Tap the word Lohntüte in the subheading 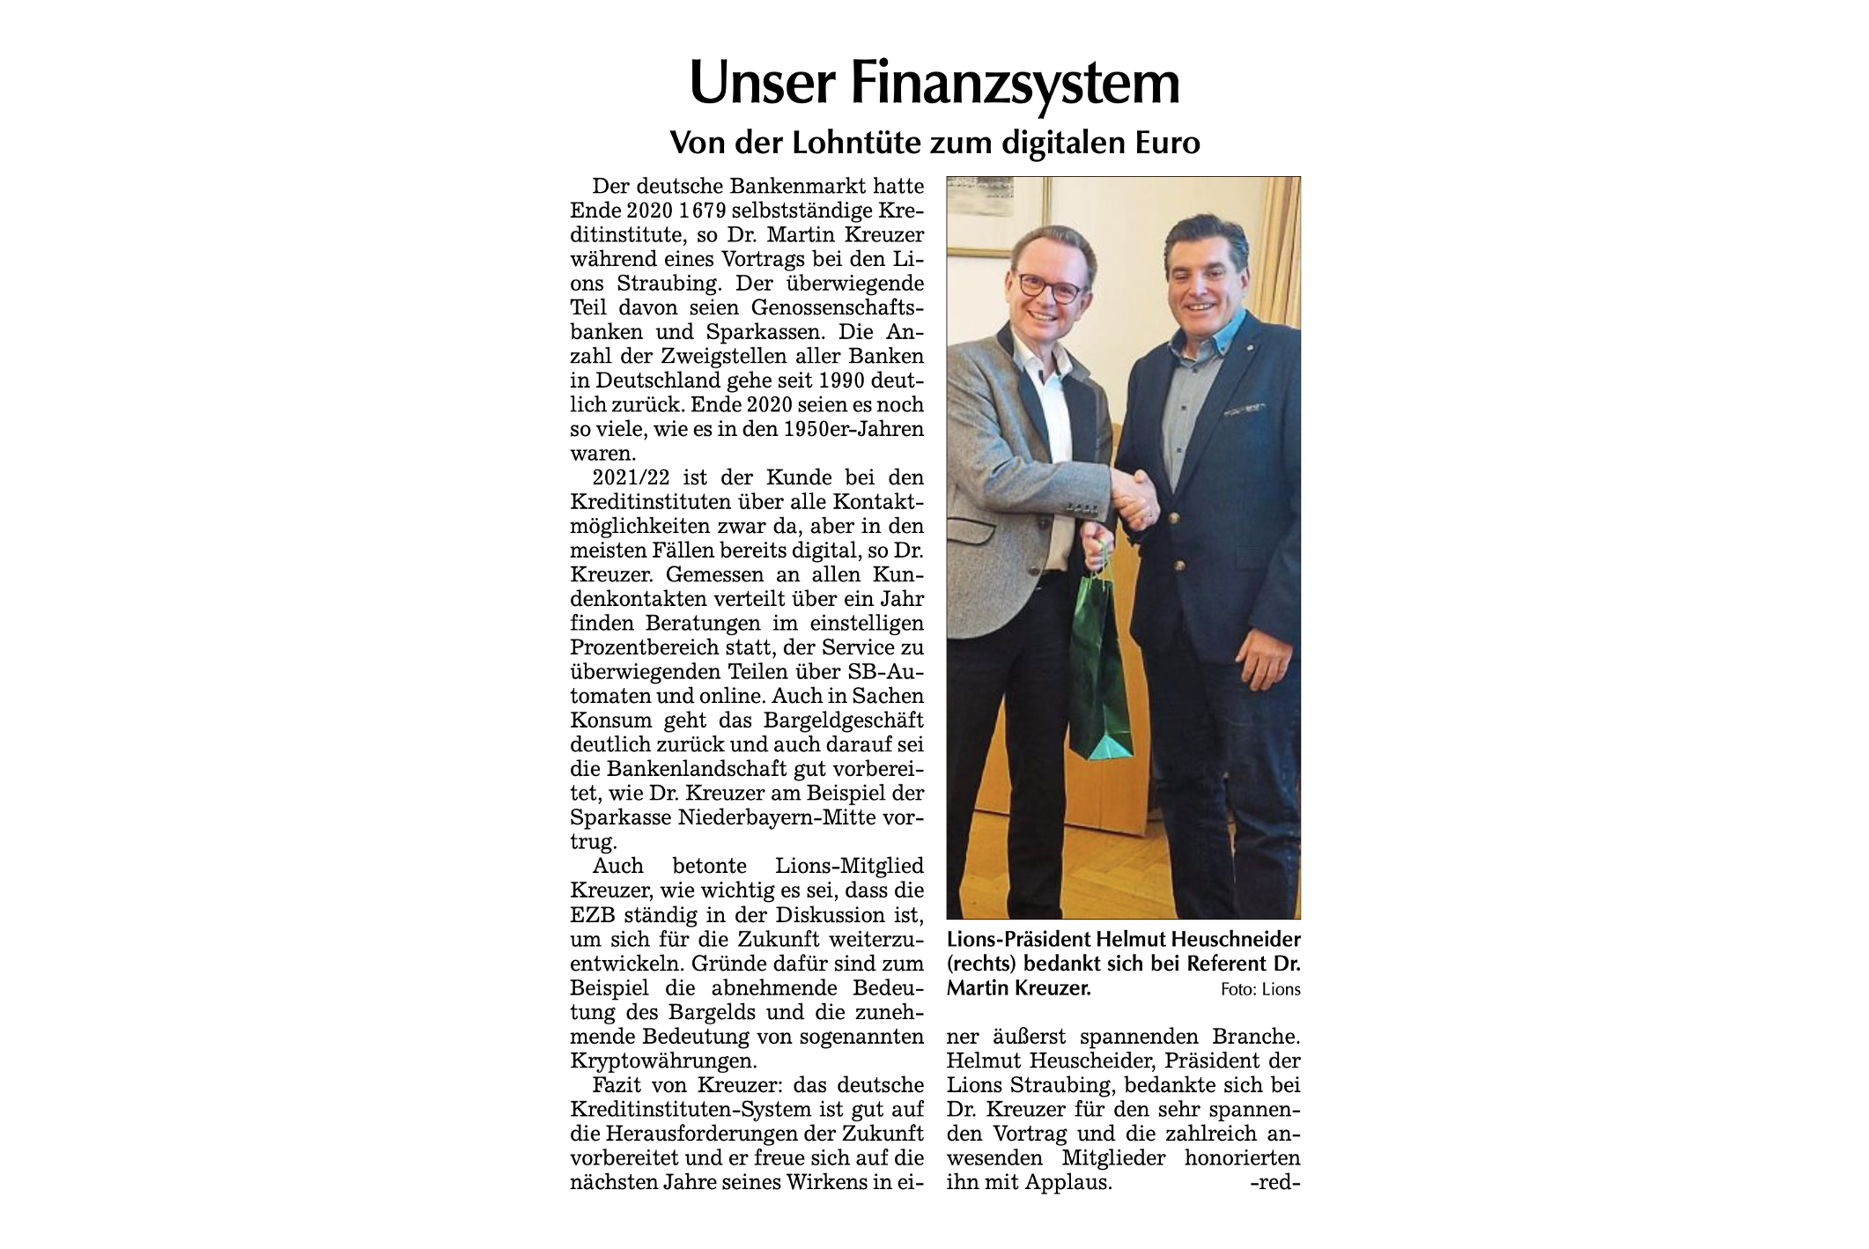click(848, 142)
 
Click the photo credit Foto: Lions click(1260, 990)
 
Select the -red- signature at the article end click(1274, 1181)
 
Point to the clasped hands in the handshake click(1134, 495)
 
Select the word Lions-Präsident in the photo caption click(1011, 941)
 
